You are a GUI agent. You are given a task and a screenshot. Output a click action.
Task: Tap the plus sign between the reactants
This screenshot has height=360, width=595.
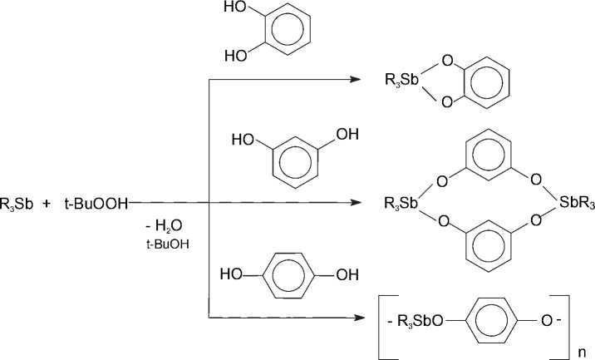[x=47, y=201]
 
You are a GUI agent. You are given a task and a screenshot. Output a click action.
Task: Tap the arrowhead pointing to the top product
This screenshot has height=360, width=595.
[x=355, y=80]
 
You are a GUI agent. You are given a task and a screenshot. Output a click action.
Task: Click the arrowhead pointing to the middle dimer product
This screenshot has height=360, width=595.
[x=355, y=201]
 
